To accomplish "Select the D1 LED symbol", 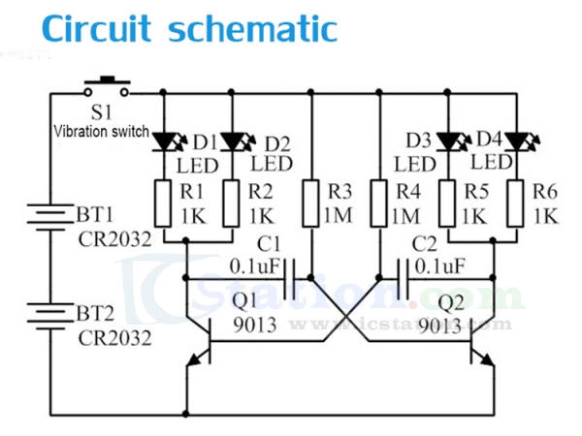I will [x=164, y=142].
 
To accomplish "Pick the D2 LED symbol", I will [x=232, y=142].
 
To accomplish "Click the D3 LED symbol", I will [x=447, y=142].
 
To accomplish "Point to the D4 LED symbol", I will [x=515, y=142].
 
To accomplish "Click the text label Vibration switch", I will [x=102, y=131].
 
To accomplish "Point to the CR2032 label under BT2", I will [x=113, y=338].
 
